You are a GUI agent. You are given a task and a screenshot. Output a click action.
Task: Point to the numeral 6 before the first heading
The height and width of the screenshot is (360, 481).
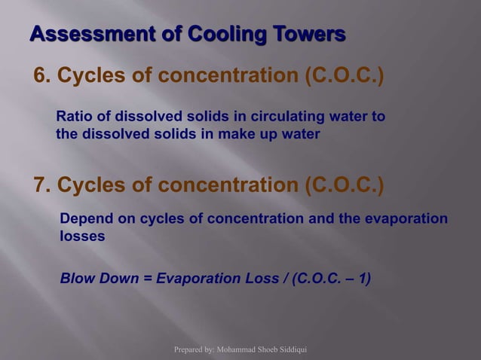pyautogui.click(x=40, y=76)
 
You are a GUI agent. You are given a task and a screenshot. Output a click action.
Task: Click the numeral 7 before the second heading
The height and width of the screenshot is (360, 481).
pyautogui.click(x=40, y=184)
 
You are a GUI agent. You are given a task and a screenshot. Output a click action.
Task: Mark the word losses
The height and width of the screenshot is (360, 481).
pyautogui.click(x=82, y=236)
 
